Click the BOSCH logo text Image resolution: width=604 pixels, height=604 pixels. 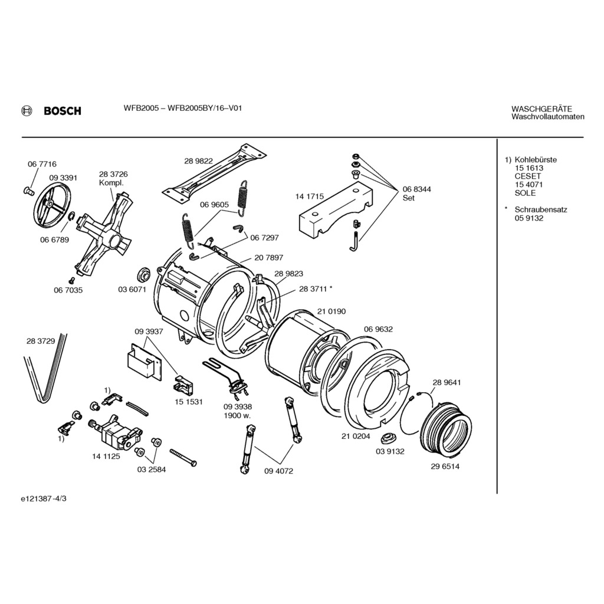click(x=62, y=111)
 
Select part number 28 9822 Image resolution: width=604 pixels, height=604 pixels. click(x=198, y=160)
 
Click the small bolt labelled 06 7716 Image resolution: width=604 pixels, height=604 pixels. click(x=27, y=190)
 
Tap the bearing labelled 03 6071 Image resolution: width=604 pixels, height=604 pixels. click(x=142, y=275)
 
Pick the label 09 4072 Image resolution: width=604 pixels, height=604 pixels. click(x=279, y=471)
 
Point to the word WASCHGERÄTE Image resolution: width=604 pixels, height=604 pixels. click(x=541, y=109)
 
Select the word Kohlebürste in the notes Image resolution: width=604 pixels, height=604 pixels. click(x=536, y=160)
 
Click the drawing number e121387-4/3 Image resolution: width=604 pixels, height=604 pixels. click(x=44, y=498)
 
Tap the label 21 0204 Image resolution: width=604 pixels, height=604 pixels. click(x=356, y=436)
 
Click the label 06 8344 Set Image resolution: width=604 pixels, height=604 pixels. click(x=416, y=193)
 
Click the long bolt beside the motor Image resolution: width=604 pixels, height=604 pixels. click(x=183, y=457)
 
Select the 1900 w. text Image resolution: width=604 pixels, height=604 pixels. click(x=238, y=415)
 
